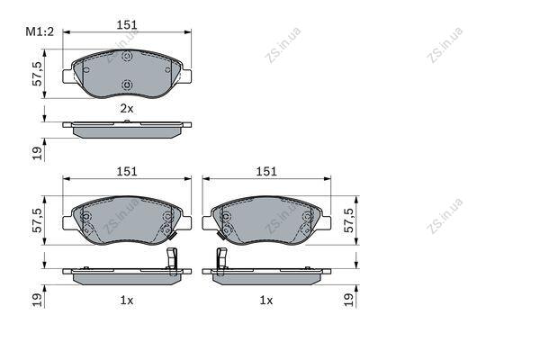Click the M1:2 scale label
point(40,32)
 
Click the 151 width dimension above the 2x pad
point(127,25)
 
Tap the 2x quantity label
point(126,109)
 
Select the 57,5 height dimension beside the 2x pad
point(37,74)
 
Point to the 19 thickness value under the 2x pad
point(37,153)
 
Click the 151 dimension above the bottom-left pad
point(127,172)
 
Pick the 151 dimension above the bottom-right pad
point(266,172)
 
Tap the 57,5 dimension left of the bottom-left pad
point(37,220)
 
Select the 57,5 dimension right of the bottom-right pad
point(349,220)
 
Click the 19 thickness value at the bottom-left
point(37,300)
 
